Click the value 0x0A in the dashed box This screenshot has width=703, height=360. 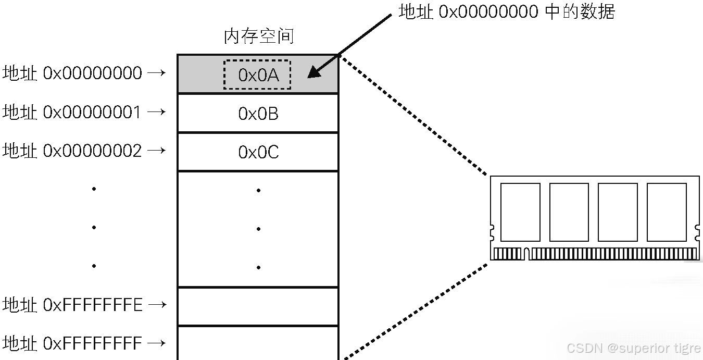(x=258, y=76)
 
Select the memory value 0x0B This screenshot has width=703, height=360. (x=258, y=114)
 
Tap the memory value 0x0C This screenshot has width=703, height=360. (x=258, y=152)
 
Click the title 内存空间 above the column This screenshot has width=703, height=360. (x=259, y=36)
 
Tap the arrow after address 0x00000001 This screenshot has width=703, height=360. (x=157, y=111)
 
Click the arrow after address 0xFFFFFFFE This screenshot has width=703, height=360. (x=157, y=305)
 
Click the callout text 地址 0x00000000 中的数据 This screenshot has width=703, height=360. (x=507, y=11)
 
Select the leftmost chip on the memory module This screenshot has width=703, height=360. (x=520, y=212)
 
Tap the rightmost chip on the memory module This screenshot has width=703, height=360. (x=667, y=212)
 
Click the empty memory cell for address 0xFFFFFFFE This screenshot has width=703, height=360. (x=258, y=306)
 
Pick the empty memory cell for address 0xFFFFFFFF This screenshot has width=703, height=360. (x=258, y=343)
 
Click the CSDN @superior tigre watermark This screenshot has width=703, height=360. (x=633, y=348)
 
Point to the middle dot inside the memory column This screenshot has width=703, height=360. (x=258, y=229)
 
